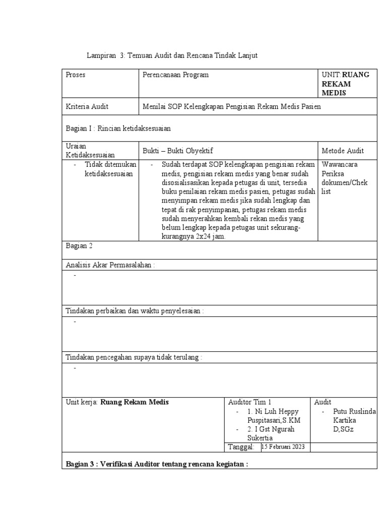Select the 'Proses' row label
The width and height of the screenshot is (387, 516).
76,75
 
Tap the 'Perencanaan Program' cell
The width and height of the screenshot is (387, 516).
175,75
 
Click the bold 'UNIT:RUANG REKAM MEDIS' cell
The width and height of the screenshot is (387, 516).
345,84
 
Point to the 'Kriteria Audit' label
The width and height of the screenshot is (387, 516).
87,106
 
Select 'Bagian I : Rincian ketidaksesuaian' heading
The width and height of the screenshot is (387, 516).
118,128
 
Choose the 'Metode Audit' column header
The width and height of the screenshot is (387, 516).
342,151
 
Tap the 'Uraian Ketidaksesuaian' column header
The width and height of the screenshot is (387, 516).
91,151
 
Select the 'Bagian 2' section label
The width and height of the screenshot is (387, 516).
79,246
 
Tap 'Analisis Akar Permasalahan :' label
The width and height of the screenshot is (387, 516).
111,265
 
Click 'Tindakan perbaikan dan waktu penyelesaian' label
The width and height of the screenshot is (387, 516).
135,311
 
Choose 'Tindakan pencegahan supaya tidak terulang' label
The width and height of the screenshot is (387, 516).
134,357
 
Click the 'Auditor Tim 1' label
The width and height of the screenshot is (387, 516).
249,402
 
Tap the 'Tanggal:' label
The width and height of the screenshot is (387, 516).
241,447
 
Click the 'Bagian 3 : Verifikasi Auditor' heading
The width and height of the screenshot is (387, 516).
157,464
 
